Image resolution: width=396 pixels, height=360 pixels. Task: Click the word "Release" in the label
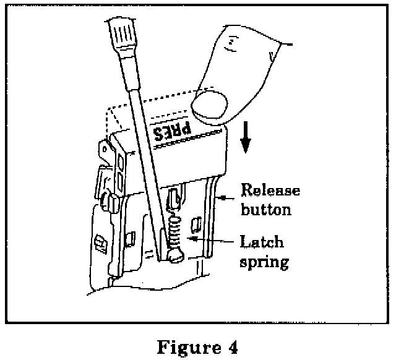click(270, 189)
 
